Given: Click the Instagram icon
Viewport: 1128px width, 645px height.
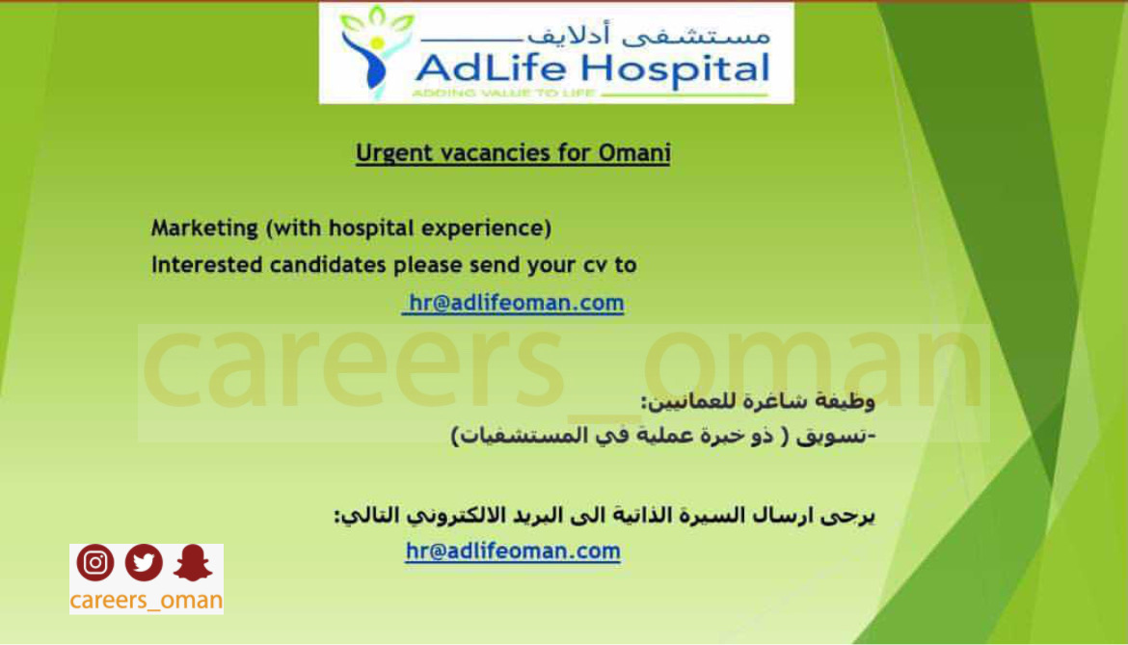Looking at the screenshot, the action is tap(94, 562).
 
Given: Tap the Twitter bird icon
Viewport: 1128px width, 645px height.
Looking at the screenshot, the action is tap(144, 562).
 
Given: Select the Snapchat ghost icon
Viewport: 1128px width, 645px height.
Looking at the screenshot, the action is tap(193, 562).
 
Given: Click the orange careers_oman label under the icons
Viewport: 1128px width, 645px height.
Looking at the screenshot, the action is tap(146, 600).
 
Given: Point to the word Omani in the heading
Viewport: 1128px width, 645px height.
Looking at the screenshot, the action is tap(634, 153).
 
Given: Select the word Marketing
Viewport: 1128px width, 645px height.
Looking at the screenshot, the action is tap(204, 228).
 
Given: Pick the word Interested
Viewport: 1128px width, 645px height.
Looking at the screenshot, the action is tap(207, 265).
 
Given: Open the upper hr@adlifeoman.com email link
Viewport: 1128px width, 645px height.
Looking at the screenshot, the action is tap(514, 303).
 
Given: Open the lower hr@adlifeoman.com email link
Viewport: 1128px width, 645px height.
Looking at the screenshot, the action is tap(513, 551).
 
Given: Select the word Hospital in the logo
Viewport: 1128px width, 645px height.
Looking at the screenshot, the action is tap(676, 70).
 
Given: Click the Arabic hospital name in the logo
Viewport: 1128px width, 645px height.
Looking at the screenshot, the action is tap(649, 34).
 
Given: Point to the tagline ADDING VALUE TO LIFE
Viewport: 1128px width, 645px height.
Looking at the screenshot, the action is tap(503, 93).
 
